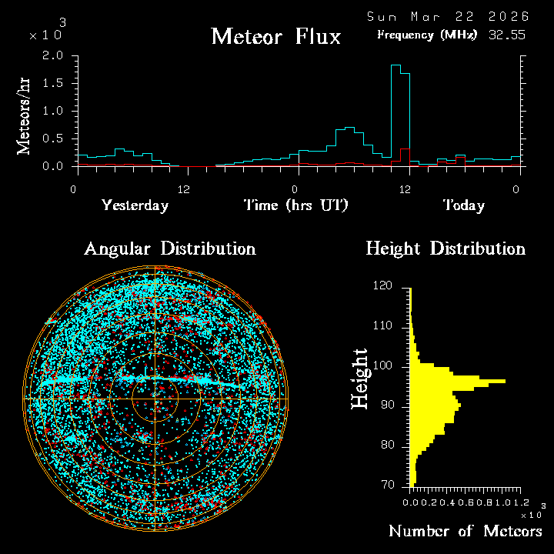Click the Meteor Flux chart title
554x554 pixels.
pos(275,36)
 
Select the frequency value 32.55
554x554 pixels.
pos(508,35)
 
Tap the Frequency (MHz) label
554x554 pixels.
pos(427,35)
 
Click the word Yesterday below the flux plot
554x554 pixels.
pos(135,205)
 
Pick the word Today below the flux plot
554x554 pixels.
pos(463,205)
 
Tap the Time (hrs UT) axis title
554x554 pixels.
pos(296,205)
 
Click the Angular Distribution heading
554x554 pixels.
pos(169,249)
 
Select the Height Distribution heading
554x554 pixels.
pos(446,249)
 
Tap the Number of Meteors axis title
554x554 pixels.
pos(465,532)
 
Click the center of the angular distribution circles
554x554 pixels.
pos(155,399)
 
